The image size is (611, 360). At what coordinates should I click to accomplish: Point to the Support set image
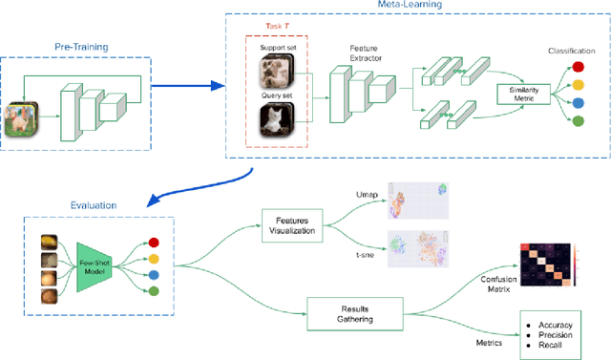click(x=277, y=71)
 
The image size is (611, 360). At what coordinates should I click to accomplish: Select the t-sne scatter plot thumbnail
click(x=423, y=251)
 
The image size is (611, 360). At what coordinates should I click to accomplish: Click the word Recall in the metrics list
click(x=552, y=347)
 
